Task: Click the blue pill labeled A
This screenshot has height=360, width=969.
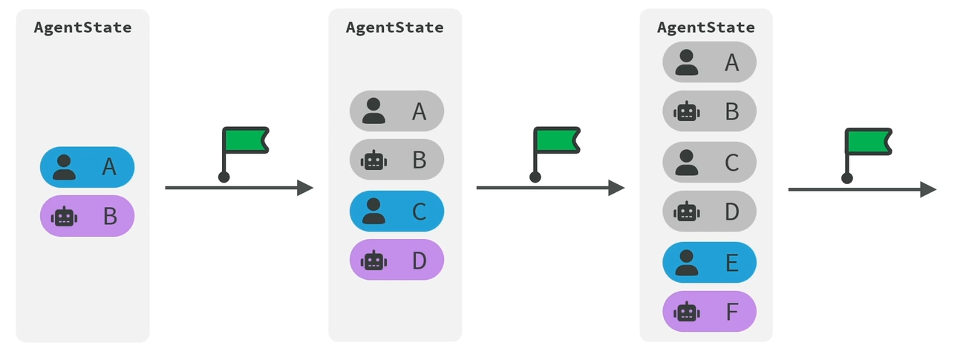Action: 87,167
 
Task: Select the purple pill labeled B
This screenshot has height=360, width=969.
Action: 87,215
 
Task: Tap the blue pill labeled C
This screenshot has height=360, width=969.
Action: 397,211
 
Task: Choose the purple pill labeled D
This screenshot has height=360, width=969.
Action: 397,260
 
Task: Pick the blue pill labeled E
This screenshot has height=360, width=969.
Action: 709,262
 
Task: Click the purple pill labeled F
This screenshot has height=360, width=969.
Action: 709,311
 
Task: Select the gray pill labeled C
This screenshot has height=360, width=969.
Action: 709,163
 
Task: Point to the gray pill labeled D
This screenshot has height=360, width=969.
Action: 709,211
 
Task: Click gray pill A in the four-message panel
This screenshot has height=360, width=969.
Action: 397,111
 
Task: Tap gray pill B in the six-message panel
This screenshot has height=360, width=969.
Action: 709,111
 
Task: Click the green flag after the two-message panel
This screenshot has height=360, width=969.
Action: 245,140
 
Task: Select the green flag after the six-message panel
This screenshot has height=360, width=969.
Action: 868,142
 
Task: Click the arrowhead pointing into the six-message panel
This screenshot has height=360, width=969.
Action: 616,188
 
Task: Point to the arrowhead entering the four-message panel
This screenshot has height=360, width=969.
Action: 305,188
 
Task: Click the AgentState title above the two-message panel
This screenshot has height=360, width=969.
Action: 82,27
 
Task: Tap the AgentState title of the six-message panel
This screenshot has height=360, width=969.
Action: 706,27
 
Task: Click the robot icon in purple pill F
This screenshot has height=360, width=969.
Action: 687,312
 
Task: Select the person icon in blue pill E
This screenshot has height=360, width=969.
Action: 687,263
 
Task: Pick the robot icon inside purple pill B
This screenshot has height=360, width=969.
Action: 64,216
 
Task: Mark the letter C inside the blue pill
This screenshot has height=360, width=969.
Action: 420,212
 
